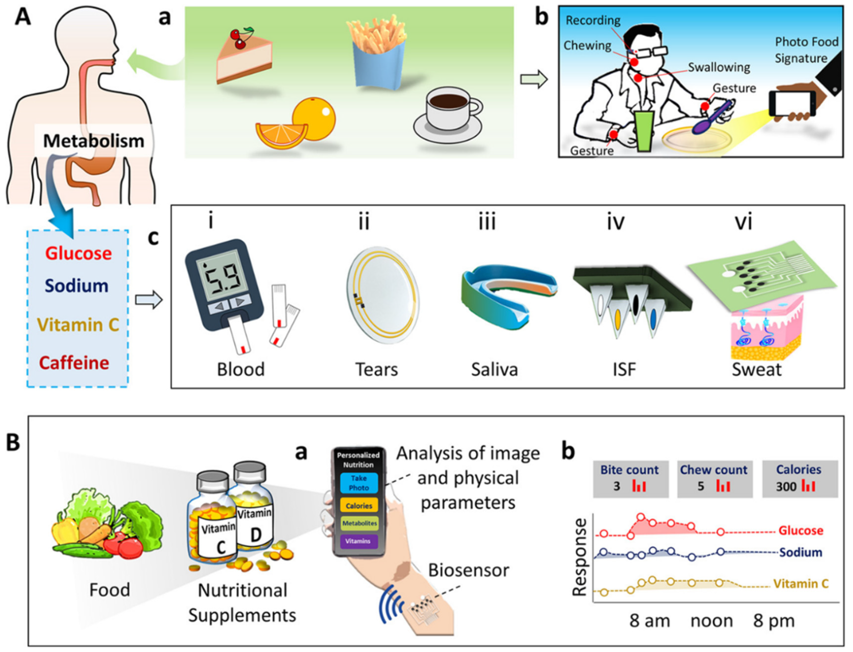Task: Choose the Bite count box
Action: tap(630, 478)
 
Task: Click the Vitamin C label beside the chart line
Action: tap(801, 584)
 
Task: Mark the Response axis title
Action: tap(580, 557)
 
